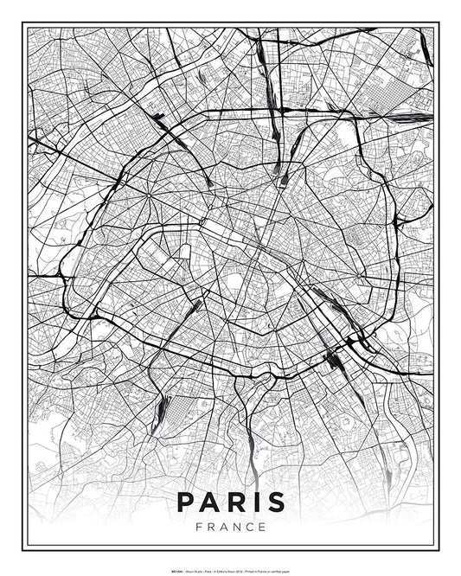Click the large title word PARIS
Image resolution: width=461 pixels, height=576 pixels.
(230, 502)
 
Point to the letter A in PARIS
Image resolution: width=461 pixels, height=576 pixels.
(211, 502)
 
